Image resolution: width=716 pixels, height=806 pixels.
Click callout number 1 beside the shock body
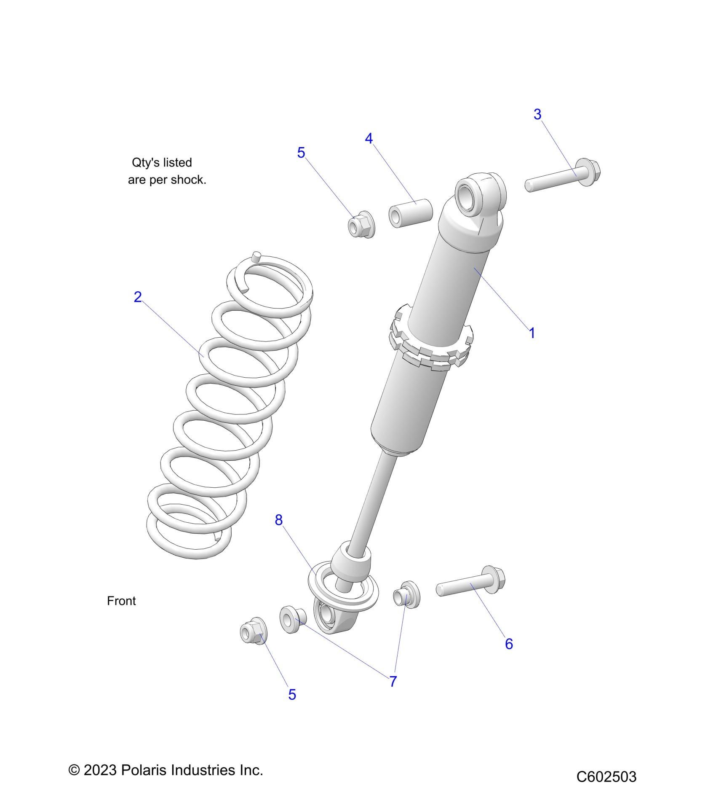[532, 333]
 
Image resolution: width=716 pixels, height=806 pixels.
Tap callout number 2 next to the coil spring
[138, 297]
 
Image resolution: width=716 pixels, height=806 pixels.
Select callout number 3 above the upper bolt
[537, 114]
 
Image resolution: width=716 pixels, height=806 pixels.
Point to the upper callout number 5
[301, 153]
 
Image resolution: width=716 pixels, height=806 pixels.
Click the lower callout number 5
[292, 695]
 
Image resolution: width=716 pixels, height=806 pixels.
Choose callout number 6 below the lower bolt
[509, 644]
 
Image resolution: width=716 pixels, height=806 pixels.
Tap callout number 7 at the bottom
[393, 681]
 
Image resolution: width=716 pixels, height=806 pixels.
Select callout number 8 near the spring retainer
[278, 520]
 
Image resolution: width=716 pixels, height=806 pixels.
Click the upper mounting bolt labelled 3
[563, 177]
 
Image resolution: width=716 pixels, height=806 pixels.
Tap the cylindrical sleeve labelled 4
[411, 213]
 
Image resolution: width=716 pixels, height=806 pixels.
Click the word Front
[121, 601]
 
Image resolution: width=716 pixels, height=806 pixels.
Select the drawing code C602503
[606, 776]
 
